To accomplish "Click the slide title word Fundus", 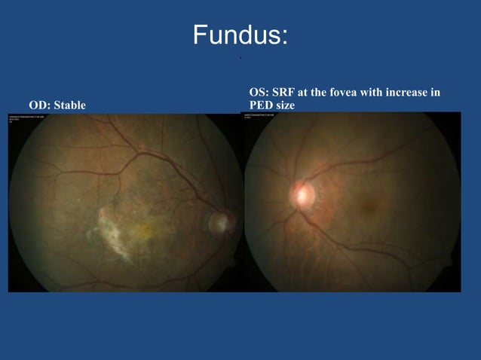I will click(236, 35).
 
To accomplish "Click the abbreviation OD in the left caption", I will click(37, 105).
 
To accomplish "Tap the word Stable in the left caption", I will click(69, 105).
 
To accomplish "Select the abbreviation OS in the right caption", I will click(258, 93).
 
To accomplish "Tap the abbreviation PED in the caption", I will click(261, 105).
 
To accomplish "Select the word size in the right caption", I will click(286, 105).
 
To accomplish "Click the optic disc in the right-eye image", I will click(220, 221).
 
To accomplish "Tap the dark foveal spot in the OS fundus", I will click(369, 203).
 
